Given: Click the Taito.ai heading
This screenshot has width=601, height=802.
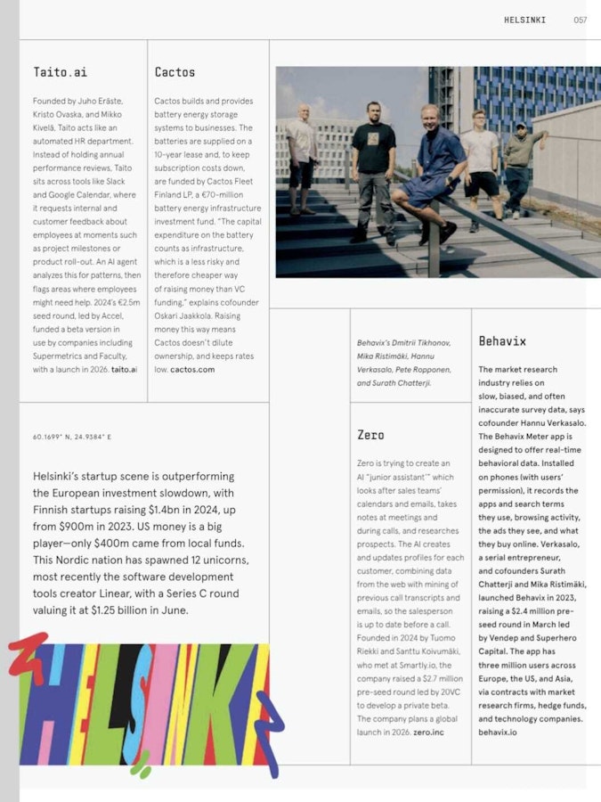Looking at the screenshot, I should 60,72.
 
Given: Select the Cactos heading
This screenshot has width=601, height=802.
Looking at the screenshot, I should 175,72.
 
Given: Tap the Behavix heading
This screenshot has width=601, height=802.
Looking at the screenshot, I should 502,341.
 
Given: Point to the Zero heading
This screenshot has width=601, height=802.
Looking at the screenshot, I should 370,435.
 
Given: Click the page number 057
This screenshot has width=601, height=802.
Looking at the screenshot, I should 580,20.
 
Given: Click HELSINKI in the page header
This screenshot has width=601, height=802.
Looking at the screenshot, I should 524,20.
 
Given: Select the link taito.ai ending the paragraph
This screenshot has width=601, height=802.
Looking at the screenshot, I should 124,369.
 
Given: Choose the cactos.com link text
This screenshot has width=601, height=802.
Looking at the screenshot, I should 192,369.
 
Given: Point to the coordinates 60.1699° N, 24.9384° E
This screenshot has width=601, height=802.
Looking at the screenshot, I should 72,438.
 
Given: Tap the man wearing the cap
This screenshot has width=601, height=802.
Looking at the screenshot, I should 522,165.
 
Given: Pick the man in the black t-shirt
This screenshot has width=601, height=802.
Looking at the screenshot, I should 373,165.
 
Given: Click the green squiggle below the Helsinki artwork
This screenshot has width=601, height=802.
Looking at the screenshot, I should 140,764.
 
